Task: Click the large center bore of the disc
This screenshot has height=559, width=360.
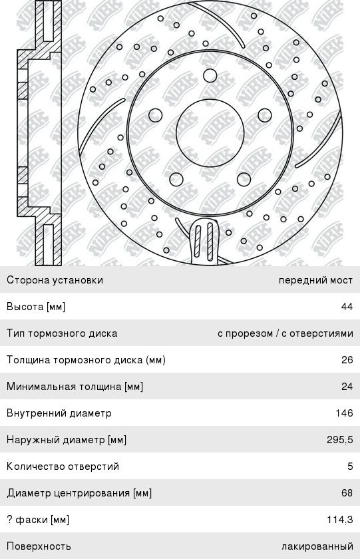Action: (210, 133)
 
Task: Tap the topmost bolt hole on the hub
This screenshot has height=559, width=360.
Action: (210, 76)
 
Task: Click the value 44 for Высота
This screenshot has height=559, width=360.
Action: (347, 307)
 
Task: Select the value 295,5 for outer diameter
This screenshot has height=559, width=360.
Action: (339, 440)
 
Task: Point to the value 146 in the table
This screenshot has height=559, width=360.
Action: (344, 413)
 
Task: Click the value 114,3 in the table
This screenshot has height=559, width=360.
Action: (339, 520)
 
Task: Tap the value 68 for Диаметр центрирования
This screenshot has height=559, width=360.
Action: (347, 493)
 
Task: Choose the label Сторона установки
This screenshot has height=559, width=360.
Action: (55, 280)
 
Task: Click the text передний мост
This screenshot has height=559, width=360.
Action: (315, 280)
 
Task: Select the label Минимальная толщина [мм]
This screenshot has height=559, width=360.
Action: (75, 387)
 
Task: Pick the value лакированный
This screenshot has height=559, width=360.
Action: (317, 546)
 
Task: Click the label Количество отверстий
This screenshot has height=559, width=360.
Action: (63, 466)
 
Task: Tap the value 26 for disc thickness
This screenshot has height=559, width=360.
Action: (347, 360)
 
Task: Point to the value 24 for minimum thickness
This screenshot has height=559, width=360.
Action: (347, 387)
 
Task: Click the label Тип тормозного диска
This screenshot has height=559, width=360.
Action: (62, 333)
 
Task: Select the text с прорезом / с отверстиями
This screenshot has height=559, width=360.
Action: (285, 333)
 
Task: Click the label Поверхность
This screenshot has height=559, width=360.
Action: (39, 546)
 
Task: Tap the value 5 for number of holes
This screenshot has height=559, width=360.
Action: (350, 466)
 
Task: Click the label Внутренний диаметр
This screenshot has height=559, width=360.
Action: (59, 413)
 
